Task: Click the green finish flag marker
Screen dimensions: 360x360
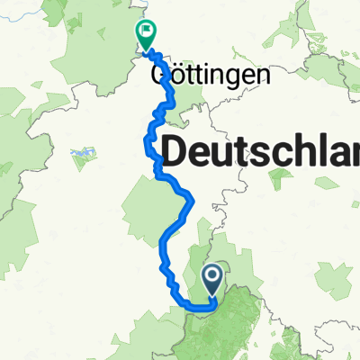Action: [x=146, y=34]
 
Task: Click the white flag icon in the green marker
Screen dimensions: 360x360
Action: [x=146, y=32]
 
